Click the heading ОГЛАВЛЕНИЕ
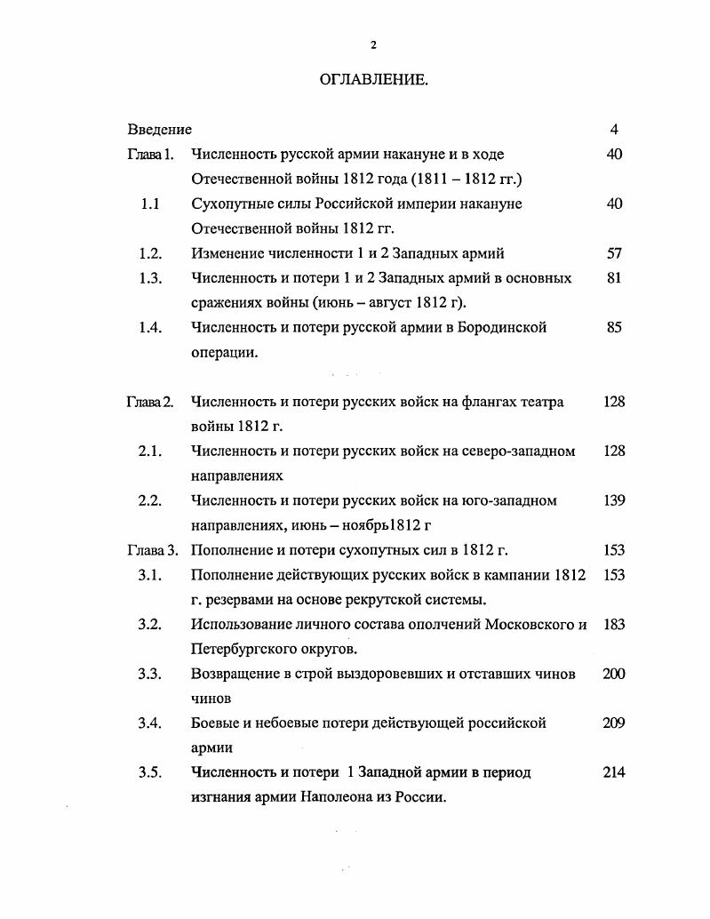pyautogui.click(x=373, y=80)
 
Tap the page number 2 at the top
pyautogui.click(x=373, y=44)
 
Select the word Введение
pyautogui.click(x=159, y=130)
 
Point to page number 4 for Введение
pyautogui.click(x=614, y=130)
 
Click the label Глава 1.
pyautogui.click(x=150, y=155)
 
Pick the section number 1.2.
pyautogui.click(x=150, y=253)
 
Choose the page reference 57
pyautogui.click(x=614, y=253)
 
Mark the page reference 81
pyautogui.click(x=614, y=278)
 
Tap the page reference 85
pyautogui.click(x=614, y=328)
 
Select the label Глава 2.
pyautogui.click(x=150, y=402)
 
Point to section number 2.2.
pyautogui.click(x=149, y=500)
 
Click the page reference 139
pyautogui.click(x=614, y=500)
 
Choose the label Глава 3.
pyautogui.click(x=150, y=550)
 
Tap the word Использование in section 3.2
pyautogui.click(x=240, y=624)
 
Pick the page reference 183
pyautogui.click(x=614, y=624)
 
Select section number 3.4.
pyautogui.click(x=149, y=723)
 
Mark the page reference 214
pyautogui.click(x=614, y=772)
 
